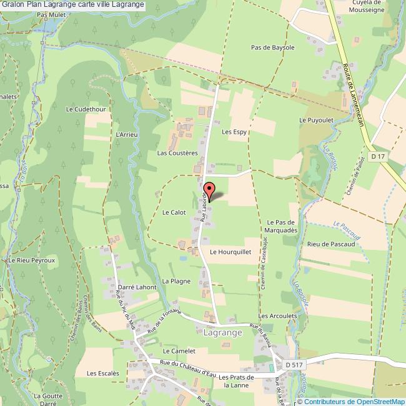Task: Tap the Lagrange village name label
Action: pyautogui.click(x=222, y=333)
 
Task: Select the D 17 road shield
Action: pyautogui.click(x=377, y=156)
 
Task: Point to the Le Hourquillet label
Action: pyautogui.click(x=230, y=252)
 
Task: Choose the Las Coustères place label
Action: pyautogui.click(x=177, y=152)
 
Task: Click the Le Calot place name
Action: pyautogui.click(x=175, y=212)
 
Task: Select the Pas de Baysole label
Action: pyautogui.click(x=272, y=47)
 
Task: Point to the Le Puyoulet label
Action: pyautogui.click(x=317, y=119)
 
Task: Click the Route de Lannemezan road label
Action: pyautogui.click(x=352, y=94)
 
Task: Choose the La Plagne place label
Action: pyautogui.click(x=176, y=281)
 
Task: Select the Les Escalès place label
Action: pyautogui.click(x=103, y=373)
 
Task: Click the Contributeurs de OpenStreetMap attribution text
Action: pyautogui.click(x=355, y=401)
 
